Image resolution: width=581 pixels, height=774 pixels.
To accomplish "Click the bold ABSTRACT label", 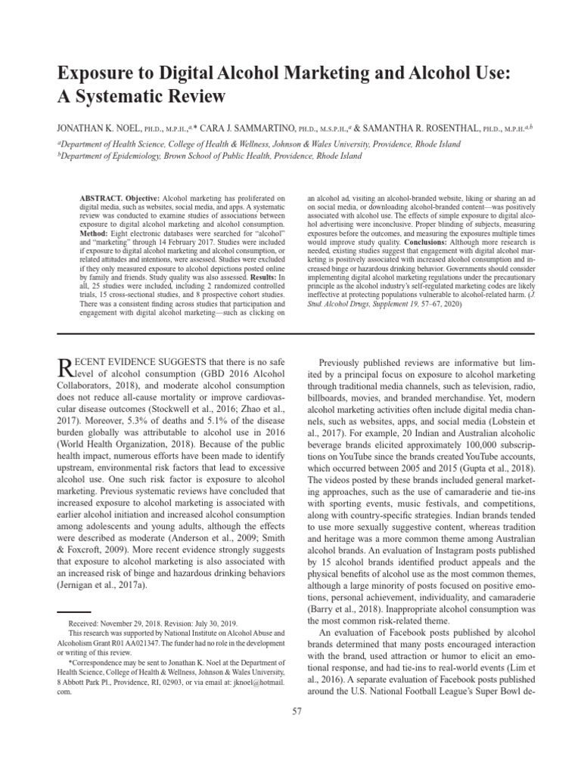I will [99, 197].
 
